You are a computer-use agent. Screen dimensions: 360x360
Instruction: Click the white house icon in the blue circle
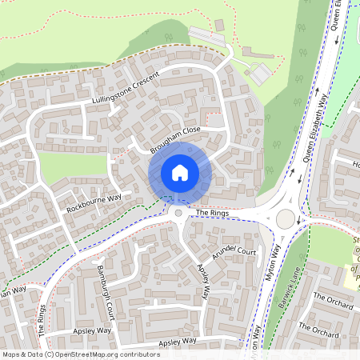(x=180, y=172)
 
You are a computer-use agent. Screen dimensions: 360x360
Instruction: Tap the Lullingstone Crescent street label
(x=126, y=89)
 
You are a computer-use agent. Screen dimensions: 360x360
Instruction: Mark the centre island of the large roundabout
(x=285, y=218)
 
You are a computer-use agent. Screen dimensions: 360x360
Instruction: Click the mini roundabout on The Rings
(x=178, y=214)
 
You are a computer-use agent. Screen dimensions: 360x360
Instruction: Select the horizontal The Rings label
(x=212, y=214)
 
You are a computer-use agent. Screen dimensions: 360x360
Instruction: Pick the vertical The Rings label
(x=41, y=320)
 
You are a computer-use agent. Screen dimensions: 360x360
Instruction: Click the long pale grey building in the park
(x=206, y=34)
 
